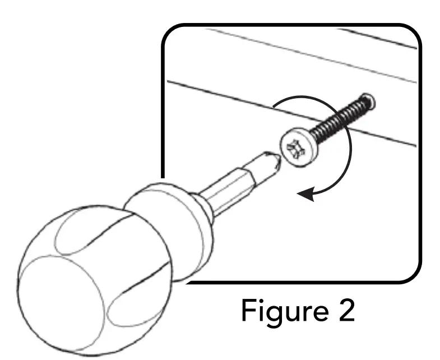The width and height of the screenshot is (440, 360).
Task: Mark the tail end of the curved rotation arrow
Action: pos(274,107)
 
